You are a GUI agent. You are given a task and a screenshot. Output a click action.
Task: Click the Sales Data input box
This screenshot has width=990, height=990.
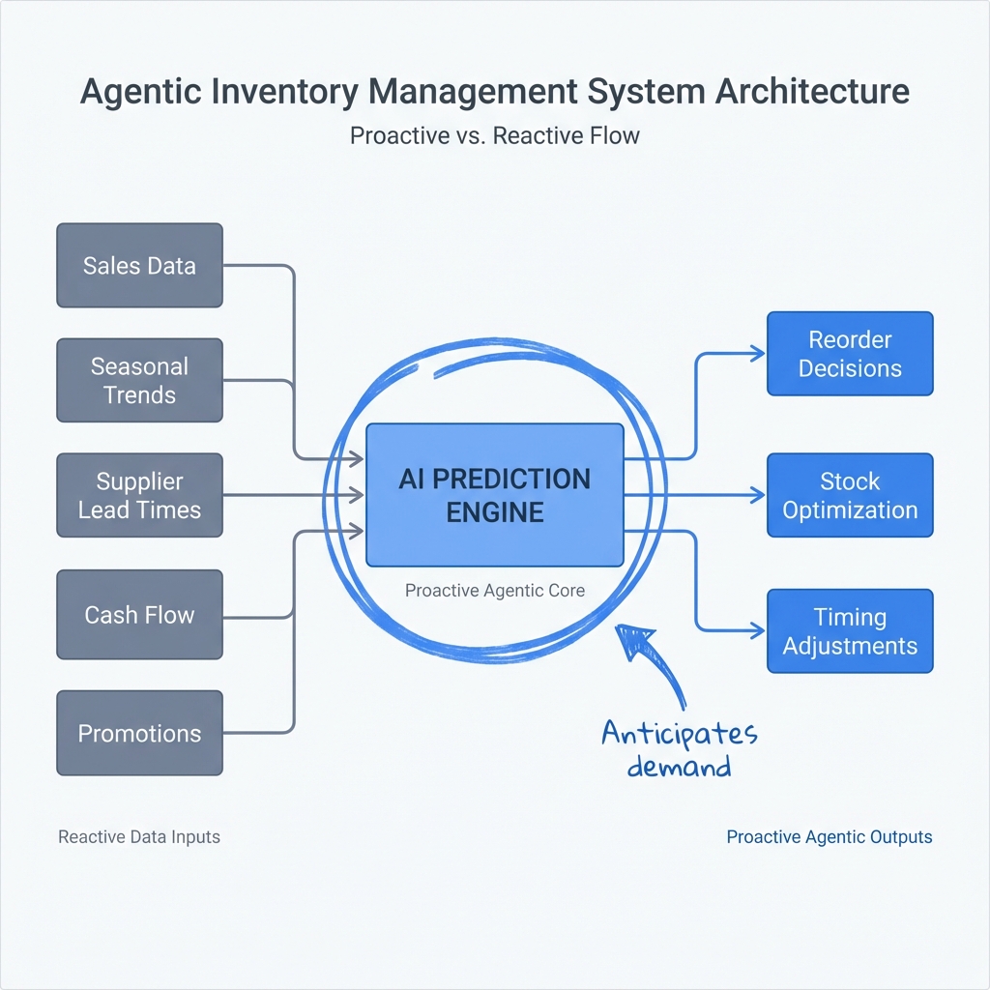(x=139, y=266)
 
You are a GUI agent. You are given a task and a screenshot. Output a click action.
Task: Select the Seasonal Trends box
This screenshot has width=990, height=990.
(x=139, y=380)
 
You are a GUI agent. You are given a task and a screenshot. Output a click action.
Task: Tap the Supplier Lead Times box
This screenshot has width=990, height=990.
(x=139, y=495)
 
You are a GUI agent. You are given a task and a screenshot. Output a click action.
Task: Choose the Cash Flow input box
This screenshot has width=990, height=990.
(x=139, y=615)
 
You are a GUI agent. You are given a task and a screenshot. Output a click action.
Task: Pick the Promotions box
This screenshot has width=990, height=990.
(x=139, y=733)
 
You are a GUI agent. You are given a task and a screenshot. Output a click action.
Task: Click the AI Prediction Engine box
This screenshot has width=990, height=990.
(x=494, y=494)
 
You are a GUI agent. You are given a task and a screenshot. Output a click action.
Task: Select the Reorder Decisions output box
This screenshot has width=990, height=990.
(x=850, y=354)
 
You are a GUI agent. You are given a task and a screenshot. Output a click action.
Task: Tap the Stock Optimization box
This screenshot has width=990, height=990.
(x=850, y=495)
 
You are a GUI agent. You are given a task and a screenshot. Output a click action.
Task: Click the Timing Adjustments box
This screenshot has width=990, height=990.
(x=850, y=631)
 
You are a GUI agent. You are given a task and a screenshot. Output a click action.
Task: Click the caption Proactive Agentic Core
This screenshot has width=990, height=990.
(x=494, y=591)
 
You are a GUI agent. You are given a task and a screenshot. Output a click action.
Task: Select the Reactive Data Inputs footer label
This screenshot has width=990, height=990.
(x=139, y=836)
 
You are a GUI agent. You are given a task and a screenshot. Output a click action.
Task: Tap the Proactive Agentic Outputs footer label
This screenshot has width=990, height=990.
(x=829, y=836)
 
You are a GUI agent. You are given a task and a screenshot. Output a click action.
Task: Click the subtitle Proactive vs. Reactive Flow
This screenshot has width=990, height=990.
(x=494, y=135)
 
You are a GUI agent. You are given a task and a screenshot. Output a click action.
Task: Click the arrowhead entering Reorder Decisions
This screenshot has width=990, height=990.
(x=758, y=354)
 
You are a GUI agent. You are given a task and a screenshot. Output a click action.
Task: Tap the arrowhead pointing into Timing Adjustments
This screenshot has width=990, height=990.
(x=758, y=631)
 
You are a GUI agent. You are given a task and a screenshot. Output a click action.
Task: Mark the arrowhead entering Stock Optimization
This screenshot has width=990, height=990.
(x=758, y=495)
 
